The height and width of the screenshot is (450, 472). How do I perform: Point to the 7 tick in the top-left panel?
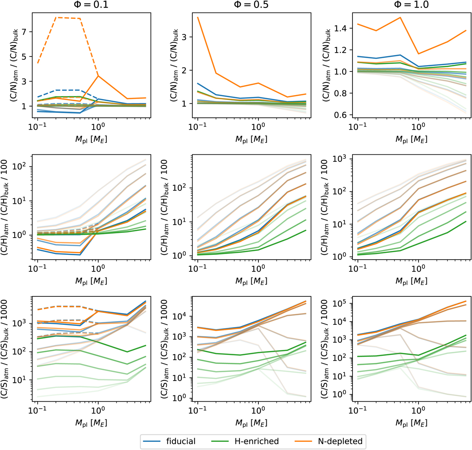[x=24, y=32]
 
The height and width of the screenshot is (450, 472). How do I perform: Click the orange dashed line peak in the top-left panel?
[x=57, y=17]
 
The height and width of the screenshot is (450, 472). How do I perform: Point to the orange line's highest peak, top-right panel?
[x=400, y=18]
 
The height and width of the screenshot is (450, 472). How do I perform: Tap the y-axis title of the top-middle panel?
[x=173, y=66]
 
